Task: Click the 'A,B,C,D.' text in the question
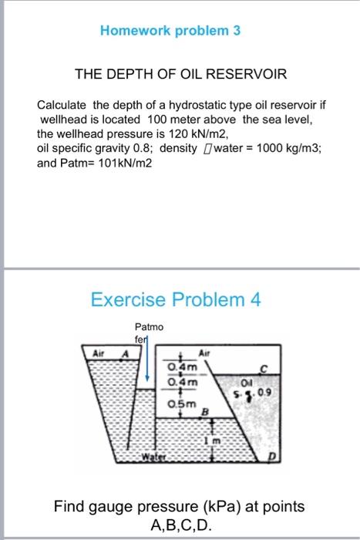(x=179, y=526)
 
